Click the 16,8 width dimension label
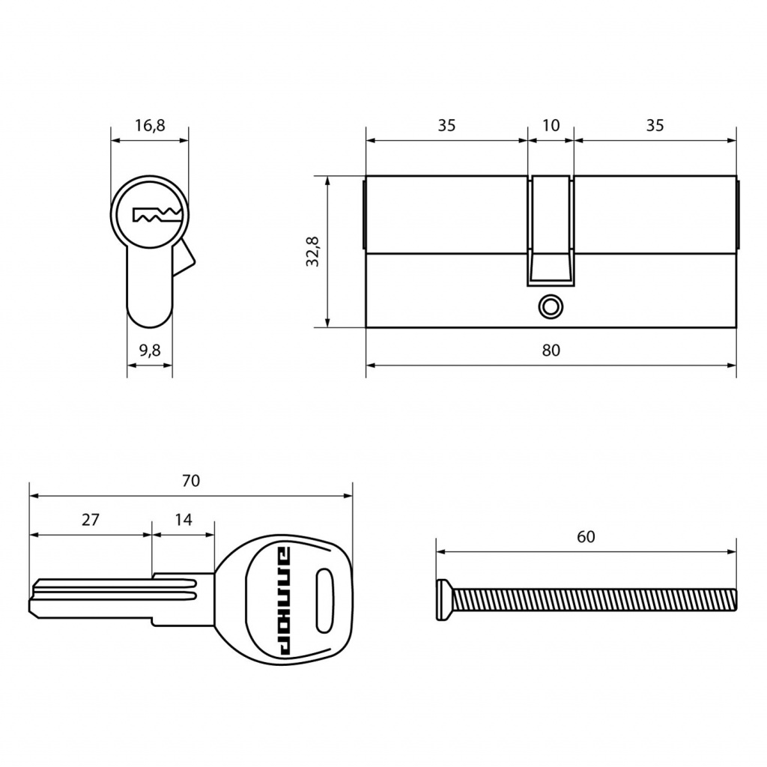[x=150, y=126]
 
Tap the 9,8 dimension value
[x=150, y=351]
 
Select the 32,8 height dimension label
[x=312, y=252]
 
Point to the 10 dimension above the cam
[x=551, y=125]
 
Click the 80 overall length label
[x=551, y=351]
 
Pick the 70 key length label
[x=191, y=481]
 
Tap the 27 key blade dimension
[x=91, y=520]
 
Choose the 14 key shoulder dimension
[x=184, y=520]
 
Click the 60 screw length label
[x=586, y=536]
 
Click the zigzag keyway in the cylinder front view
[x=157, y=215]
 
